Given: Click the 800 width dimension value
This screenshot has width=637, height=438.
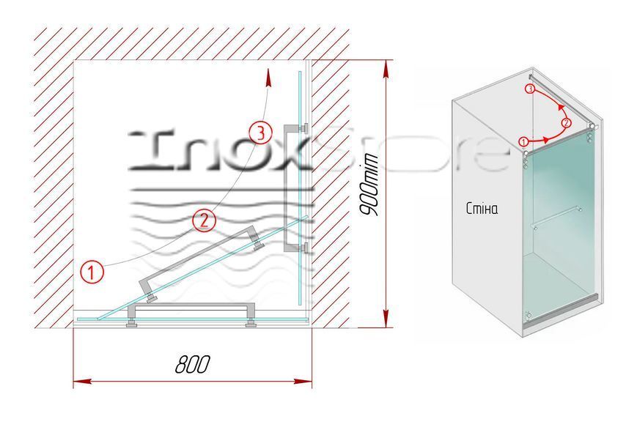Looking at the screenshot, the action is (193, 364).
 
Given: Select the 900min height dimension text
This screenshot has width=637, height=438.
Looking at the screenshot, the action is (369, 185).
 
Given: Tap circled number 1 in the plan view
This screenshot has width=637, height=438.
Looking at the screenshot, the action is (92, 272).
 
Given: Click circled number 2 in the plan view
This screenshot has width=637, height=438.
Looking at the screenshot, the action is (204, 220).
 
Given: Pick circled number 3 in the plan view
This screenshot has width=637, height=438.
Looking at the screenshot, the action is (260, 133).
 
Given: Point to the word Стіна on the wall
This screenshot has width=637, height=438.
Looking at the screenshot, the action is (482, 209).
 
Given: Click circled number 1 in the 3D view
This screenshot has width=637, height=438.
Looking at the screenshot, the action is (523, 141).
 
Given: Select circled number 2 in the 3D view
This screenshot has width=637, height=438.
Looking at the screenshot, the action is (567, 122).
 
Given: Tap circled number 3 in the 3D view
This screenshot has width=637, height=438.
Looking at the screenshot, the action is (529, 89).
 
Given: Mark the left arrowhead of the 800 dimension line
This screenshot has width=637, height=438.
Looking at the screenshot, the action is (81, 381).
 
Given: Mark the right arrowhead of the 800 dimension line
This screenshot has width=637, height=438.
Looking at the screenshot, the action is (303, 381).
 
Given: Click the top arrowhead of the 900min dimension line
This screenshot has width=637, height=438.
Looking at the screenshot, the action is (386, 69).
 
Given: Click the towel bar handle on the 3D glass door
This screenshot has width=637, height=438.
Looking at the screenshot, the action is (556, 218).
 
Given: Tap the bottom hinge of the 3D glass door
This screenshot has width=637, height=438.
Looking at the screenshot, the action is (528, 315).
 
